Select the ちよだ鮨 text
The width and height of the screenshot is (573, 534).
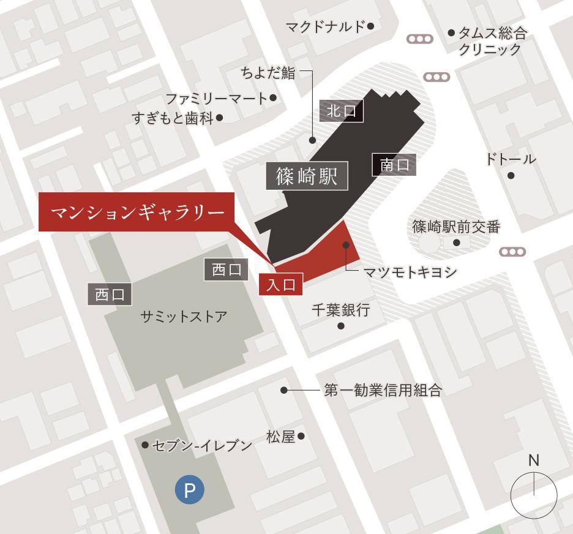(x=268, y=73)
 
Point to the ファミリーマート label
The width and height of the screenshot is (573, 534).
(x=217, y=98)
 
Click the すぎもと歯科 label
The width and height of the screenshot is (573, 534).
(x=172, y=118)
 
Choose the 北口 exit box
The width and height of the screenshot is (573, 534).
(x=342, y=111)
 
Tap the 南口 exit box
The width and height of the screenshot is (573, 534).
(x=394, y=164)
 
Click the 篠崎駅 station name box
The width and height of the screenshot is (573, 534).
(x=307, y=176)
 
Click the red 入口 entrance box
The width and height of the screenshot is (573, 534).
(x=281, y=285)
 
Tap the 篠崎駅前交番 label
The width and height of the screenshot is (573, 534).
(x=456, y=227)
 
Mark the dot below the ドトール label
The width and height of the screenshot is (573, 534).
(x=511, y=176)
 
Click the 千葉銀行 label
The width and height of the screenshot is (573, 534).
(x=340, y=310)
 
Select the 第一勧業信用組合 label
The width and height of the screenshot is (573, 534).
(x=383, y=390)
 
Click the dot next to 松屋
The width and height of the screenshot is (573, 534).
(x=301, y=437)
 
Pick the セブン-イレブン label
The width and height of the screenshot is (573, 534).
(x=201, y=445)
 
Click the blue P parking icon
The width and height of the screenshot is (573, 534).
(x=189, y=490)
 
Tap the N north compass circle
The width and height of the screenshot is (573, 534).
(x=534, y=494)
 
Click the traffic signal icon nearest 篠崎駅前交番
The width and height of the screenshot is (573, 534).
(x=512, y=252)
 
